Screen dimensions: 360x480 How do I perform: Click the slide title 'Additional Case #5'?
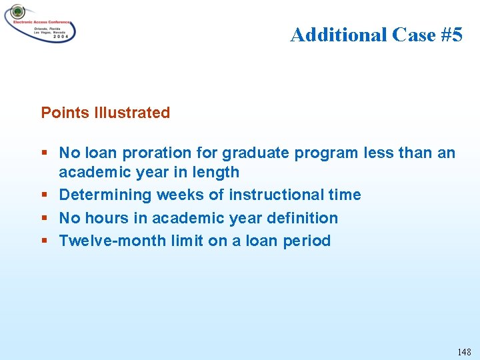point(376,34)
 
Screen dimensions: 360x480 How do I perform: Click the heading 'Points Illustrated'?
point(105,113)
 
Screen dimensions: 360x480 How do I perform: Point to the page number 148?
point(464,351)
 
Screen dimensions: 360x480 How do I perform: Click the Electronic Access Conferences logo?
point(40,24)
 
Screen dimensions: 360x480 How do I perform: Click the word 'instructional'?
point(273,195)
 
